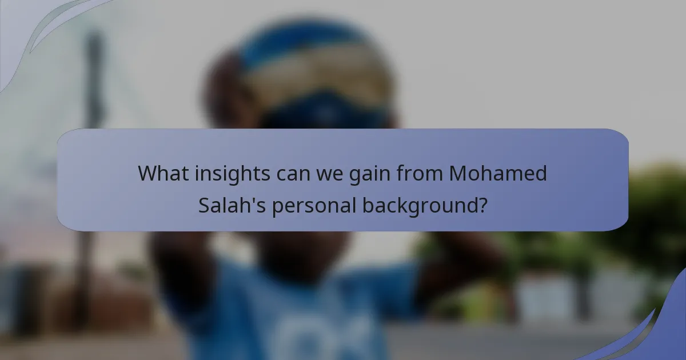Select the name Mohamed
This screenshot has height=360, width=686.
tap(498, 173)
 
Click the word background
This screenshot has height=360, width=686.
tap(421, 205)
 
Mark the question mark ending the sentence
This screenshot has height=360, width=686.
tap(483, 205)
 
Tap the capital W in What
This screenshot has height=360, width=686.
tap(147, 173)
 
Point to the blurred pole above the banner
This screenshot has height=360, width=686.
tap(95, 80)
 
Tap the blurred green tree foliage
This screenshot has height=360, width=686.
tap(657, 206)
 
